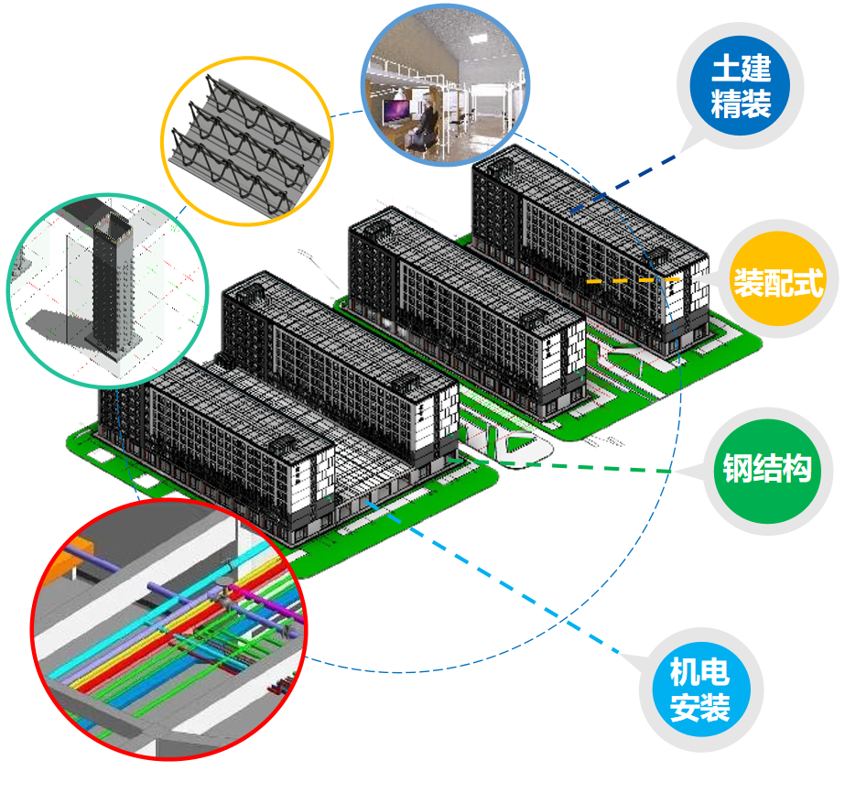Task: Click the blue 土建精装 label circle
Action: pyautogui.click(x=741, y=86)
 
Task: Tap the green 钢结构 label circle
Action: pyautogui.click(x=766, y=470)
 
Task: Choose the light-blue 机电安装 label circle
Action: pyautogui.click(x=699, y=690)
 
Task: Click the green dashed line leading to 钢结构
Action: pyautogui.click(x=623, y=470)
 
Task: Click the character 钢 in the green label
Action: pyautogui.click(x=737, y=470)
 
